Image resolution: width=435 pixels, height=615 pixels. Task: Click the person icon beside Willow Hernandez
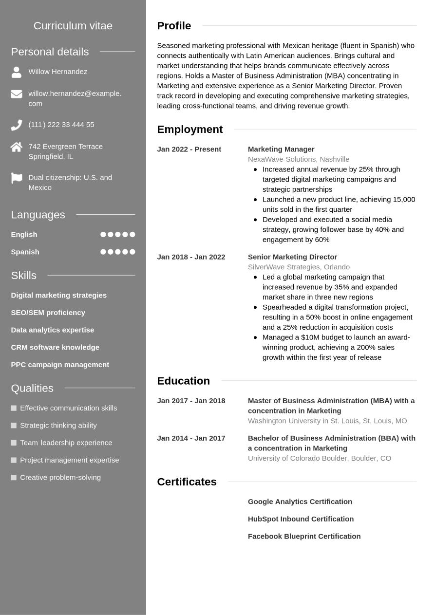click(x=17, y=72)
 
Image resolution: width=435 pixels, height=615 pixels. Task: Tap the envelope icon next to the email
click(x=17, y=94)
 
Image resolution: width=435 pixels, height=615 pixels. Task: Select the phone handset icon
click(x=17, y=125)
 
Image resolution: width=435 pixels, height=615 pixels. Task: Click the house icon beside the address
click(x=17, y=147)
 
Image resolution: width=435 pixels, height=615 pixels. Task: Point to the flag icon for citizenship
click(x=17, y=178)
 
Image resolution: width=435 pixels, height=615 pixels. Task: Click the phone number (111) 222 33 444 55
click(x=61, y=125)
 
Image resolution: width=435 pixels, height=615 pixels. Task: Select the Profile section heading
click(x=174, y=26)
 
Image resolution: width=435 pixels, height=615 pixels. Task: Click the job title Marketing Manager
click(x=281, y=149)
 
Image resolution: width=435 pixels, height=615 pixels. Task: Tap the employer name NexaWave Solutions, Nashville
click(x=299, y=159)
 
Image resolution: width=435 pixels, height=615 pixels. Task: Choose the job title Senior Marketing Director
click(x=292, y=257)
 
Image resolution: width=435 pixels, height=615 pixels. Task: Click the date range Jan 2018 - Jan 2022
click(x=191, y=257)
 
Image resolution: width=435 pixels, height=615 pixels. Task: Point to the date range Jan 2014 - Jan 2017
click(x=191, y=438)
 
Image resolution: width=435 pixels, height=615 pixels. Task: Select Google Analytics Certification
click(x=300, y=502)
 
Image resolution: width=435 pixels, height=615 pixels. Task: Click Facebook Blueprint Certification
click(x=304, y=536)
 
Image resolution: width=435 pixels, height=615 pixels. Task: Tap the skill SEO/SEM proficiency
click(x=48, y=313)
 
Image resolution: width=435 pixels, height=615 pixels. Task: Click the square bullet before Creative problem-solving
click(x=14, y=478)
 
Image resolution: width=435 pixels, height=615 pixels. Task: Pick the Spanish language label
click(x=25, y=252)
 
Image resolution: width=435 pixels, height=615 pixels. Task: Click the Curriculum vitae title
click(x=73, y=26)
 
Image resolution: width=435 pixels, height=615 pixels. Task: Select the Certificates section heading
click(x=187, y=482)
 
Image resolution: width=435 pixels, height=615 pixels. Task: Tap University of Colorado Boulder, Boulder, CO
click(x=320, y=458)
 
